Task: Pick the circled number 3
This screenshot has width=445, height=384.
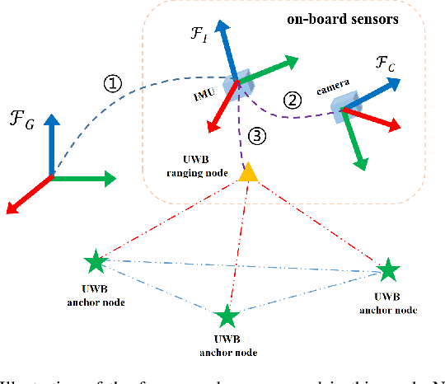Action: tap(258, 136)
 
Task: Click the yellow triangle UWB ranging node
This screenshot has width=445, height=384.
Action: tap(247, 172)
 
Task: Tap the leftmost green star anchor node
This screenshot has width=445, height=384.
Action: tap(96, 263)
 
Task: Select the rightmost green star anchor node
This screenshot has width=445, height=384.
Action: tap(387, 270)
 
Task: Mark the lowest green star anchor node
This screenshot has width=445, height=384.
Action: tap(225, 316)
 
